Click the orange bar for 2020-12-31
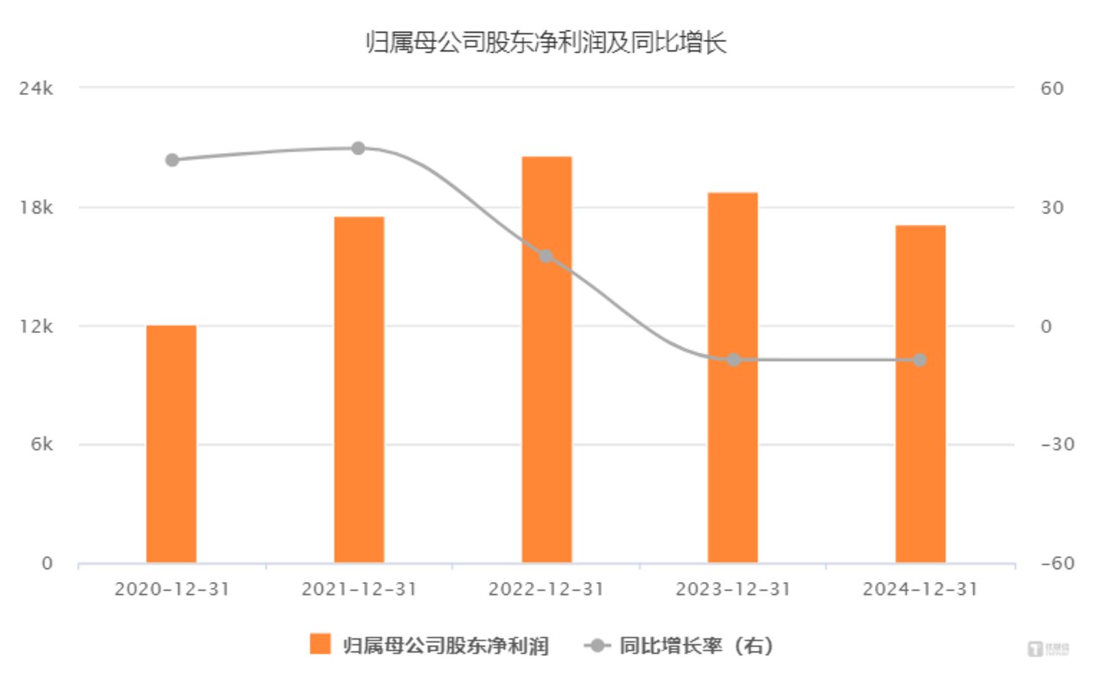[171, 444]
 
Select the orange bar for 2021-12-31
[358, 389]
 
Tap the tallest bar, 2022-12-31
[546, 359]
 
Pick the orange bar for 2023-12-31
[733, 377]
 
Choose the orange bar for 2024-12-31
[920, 394]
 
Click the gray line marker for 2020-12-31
[172, 160]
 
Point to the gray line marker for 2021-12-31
[358, 148]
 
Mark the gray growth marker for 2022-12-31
[546, 256]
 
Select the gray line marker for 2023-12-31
[734, 360]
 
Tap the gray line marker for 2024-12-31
[919, 360]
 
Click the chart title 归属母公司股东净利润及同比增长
[546, 43]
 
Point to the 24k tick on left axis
[37, 88]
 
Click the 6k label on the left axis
[42, 444]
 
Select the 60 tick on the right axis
[1052, 88]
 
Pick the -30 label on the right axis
[1057, 444]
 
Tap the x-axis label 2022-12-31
[546, 590]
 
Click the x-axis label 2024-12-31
[920, 590]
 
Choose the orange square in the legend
[320, 644]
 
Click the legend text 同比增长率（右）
[696, 646]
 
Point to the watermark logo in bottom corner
[1049, 649]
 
